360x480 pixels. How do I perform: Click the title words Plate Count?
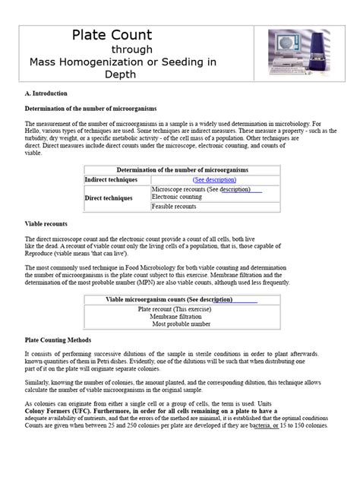pyautogui.click(x=112, y=35)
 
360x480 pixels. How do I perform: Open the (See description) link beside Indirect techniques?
pyautogui.click(x=215, y=180)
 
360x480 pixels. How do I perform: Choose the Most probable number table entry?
pyautogui.click(x=180, y=324)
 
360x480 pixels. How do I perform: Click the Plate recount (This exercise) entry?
pyautogui.click(x=180, y=309)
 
